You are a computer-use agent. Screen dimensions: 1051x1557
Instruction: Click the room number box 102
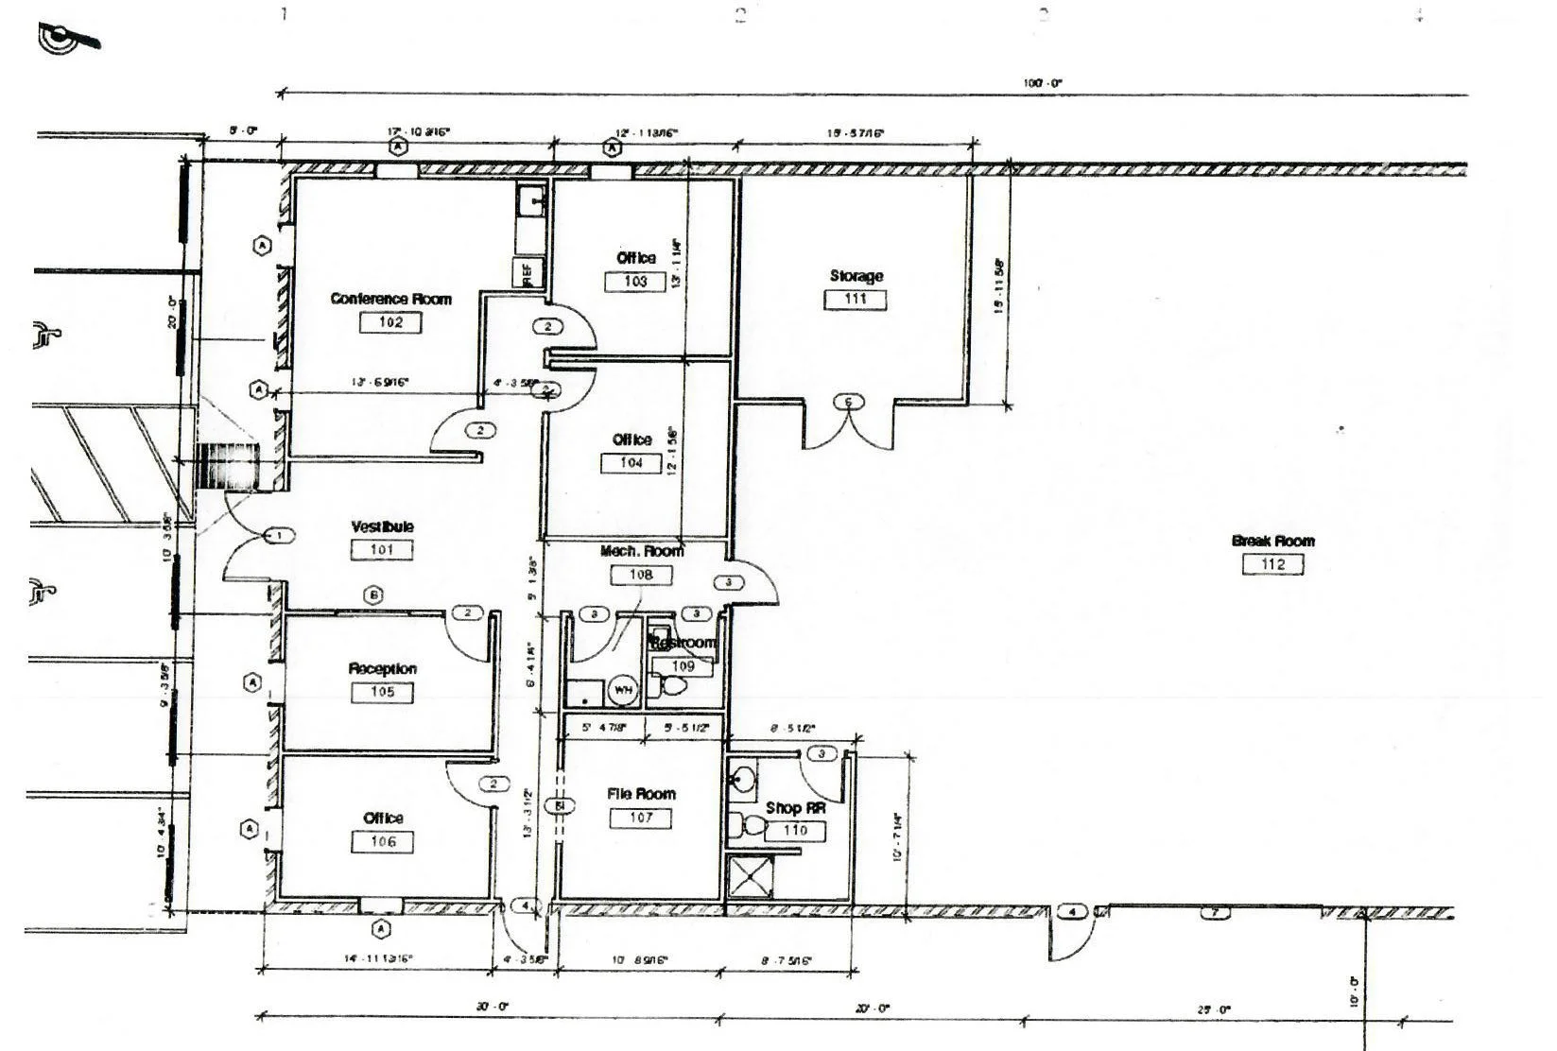click(390, 322)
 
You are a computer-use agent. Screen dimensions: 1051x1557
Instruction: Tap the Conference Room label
click(390, 299)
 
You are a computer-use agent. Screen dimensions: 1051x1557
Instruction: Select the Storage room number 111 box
click(856, 300)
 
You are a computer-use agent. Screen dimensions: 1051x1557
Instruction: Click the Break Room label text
click(1272, 541)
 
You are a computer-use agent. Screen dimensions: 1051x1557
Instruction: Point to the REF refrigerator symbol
click(528, 272)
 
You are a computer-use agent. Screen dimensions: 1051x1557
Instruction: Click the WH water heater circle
click(623, 690)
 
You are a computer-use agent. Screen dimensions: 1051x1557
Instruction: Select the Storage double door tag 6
click(848, 403)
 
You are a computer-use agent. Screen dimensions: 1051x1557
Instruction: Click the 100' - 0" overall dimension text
click(1042, 83)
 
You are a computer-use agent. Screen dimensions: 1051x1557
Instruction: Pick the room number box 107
click(641, 818)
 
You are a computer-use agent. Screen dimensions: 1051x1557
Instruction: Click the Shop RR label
click(794, 808)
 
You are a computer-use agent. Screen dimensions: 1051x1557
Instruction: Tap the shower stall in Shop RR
click(750, 878)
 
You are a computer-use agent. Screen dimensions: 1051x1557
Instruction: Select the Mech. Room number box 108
click(640, 575)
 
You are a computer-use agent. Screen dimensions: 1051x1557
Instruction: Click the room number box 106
click(383, 842)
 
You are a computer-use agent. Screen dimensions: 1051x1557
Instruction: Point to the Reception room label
click(382, 668)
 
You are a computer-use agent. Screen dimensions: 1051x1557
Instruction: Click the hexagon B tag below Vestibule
click(374, 595)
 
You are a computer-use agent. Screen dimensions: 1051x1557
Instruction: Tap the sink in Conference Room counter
click(530, 200)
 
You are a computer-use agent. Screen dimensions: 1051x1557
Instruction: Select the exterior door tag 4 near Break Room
click(1071, 912)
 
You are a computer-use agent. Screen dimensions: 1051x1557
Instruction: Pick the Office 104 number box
click(631, 463)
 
